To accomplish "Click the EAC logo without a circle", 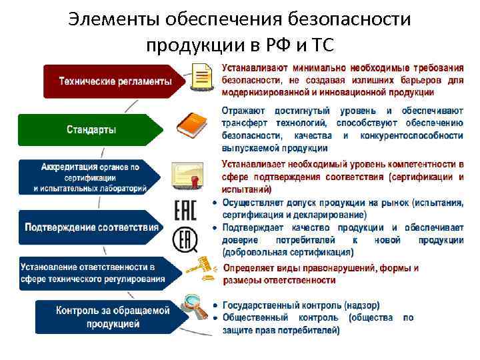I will [185, 210].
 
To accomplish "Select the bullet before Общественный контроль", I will [215, 318].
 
